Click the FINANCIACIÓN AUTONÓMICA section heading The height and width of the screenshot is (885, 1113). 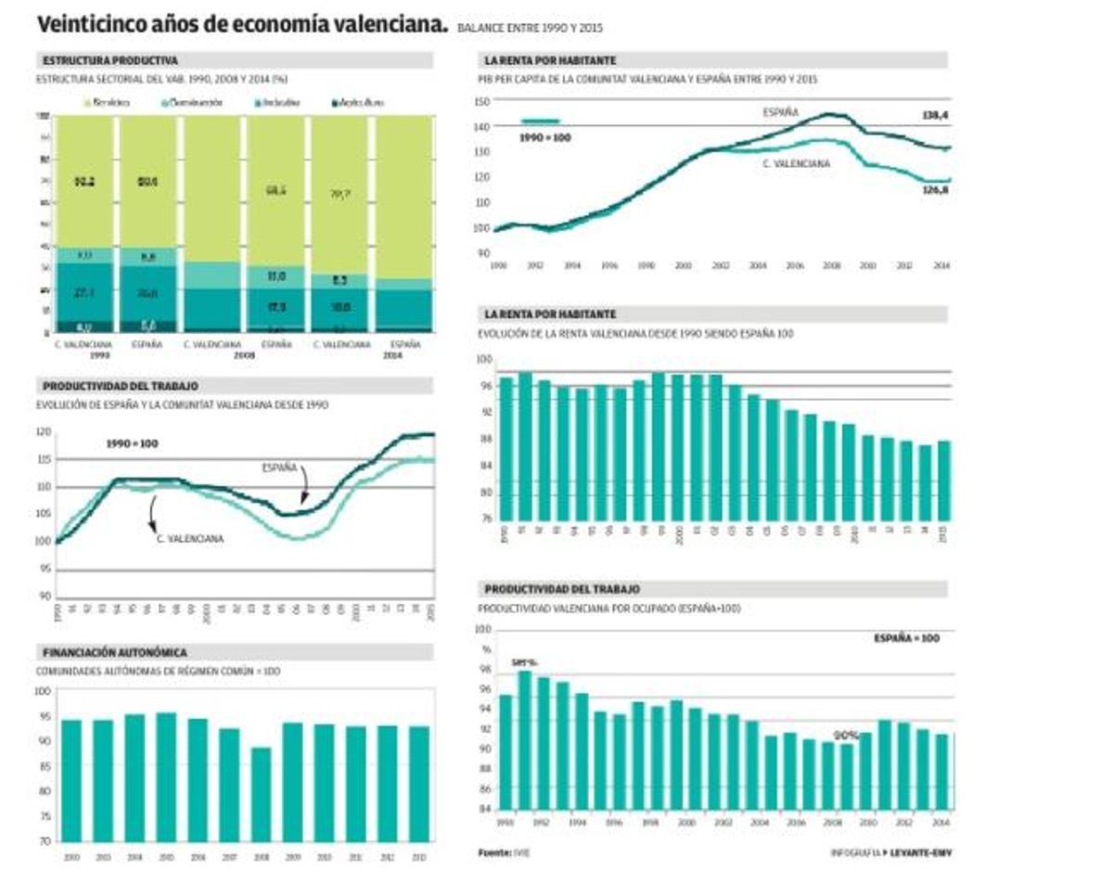[x=115, y=652]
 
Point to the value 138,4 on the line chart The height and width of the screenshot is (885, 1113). [x=933, y=115]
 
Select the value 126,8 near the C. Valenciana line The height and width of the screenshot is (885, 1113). [x=933, y=190]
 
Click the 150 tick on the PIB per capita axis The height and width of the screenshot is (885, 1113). [x=480, y=101]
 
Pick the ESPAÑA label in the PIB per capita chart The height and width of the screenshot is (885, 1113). [x=779, y=112]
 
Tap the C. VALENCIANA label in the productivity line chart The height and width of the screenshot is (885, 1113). [x=190, y=538]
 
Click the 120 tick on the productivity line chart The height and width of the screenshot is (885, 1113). [x=44, y=432]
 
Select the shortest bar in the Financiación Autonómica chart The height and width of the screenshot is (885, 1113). [x=261, y=794]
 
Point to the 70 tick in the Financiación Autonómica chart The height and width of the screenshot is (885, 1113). [x=44, y=841]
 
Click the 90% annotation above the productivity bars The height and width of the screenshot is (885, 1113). [x=845, y=734]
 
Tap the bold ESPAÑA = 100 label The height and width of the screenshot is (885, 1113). [x=906, y=639]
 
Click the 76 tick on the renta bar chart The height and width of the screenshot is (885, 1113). [x=485, y=518]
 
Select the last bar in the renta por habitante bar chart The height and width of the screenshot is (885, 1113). [x=943, y=479]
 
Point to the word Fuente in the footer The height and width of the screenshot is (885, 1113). [x=494, y=852]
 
